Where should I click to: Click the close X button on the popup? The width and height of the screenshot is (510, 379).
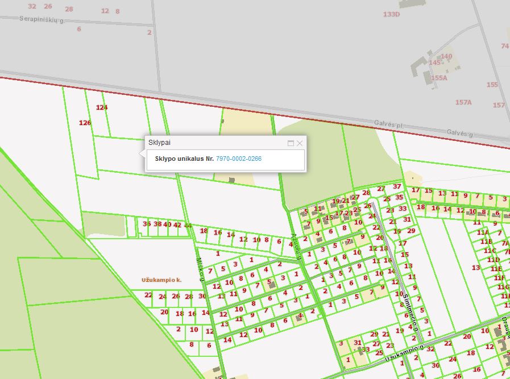[300, 143]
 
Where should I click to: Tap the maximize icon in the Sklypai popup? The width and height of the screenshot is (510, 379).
[291, 143]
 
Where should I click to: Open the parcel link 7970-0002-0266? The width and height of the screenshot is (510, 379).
[239, 159]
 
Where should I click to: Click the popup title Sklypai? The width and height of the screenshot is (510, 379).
[159, 142]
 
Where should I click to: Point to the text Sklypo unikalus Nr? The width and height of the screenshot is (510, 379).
[184, 159]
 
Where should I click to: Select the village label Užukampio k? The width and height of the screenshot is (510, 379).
[161, 280]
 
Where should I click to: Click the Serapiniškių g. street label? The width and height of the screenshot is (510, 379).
[42, 19]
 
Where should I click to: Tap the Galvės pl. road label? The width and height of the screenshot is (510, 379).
[388, 123]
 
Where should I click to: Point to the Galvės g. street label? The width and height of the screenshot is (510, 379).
[459, 133]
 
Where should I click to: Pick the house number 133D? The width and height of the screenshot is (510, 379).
[391, 14]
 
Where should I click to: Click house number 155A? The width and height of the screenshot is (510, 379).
[439, 78]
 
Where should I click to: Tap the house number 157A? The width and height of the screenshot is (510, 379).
[463, 102]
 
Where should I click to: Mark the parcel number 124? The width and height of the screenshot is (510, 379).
[102, 107]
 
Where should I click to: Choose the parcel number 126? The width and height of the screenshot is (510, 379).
[85, 123]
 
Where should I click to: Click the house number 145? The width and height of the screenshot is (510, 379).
[435, 63]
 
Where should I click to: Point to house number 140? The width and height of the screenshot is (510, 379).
[446, 56]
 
